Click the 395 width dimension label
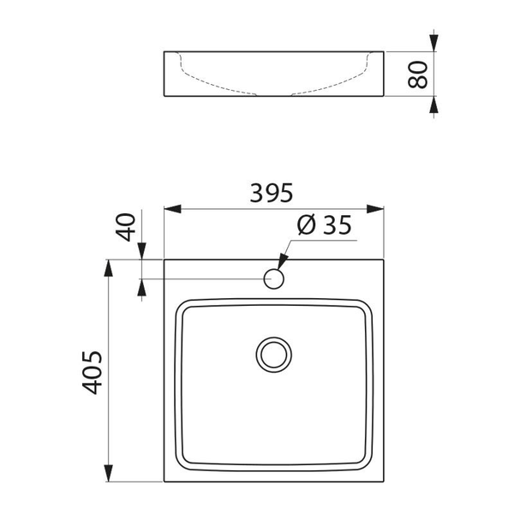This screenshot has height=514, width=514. [272, 194]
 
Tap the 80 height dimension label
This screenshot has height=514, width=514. [417, 75]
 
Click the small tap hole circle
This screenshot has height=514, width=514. [274, 278]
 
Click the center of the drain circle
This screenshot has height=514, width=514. [274, 354]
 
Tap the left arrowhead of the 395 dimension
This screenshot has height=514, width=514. [170, 209]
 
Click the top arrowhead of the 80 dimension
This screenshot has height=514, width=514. [435, 43]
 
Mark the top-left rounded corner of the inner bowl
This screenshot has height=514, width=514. [182, 304]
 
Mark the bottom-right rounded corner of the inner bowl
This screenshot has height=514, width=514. [370, 463]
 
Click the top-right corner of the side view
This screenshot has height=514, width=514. [384, 51]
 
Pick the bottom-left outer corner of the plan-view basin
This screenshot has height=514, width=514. [163, 482]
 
